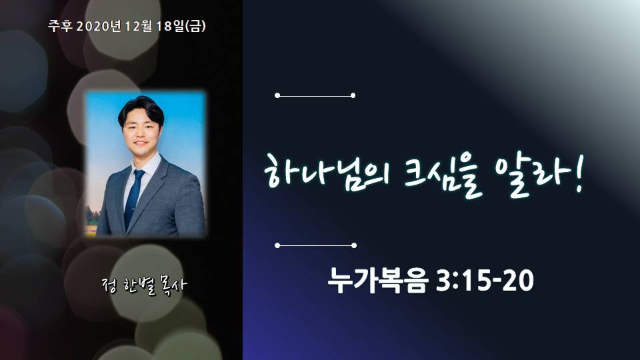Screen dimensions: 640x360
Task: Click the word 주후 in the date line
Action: tap(61, 26)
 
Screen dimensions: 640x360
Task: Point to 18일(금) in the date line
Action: tap(181, 26)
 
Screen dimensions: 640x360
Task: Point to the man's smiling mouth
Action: tap(141, 143)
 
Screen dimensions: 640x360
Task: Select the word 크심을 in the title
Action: tap(443, 176)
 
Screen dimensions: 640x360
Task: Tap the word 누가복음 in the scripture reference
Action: tap(378, 281)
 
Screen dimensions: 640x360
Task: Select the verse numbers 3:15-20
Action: tap(485, 281)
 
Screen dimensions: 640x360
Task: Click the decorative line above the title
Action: tap(315, 95)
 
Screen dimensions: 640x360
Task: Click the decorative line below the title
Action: tap(316, 245)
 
